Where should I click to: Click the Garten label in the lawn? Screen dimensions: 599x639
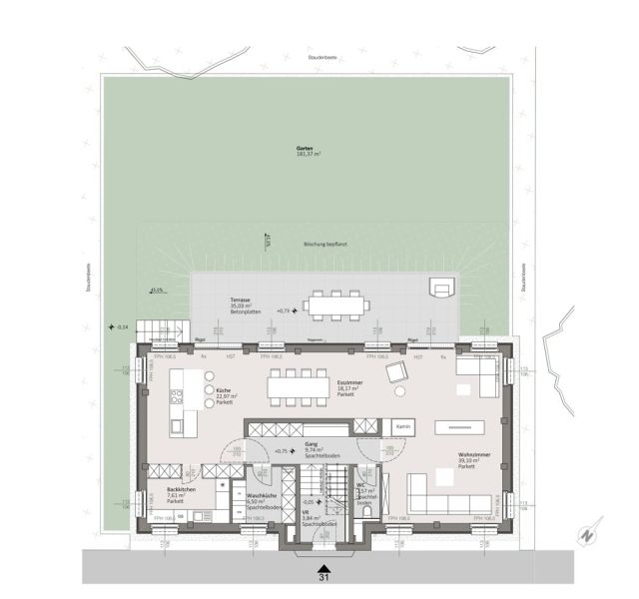point(306,151)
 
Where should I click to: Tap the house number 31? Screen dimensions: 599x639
point(322,576)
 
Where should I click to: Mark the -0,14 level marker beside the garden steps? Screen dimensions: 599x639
point(119,327)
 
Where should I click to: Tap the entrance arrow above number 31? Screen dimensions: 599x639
point(322,562)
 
